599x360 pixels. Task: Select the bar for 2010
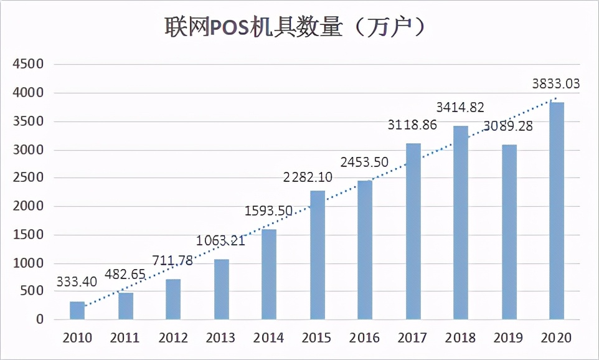[77, 311]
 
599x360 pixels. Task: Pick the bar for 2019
[509, 232]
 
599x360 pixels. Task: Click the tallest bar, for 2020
[557, 211]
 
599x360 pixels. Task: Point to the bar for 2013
[221, 290]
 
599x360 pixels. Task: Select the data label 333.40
[77, 282]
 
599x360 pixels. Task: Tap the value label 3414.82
[460, 107]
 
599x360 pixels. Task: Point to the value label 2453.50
[364, 163]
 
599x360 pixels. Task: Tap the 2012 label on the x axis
[173, 338]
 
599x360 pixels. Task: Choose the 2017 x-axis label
[413, 338]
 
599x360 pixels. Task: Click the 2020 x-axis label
[557, 338]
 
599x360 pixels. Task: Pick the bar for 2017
[413, 232]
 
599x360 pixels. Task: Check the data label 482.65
[125, 273]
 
